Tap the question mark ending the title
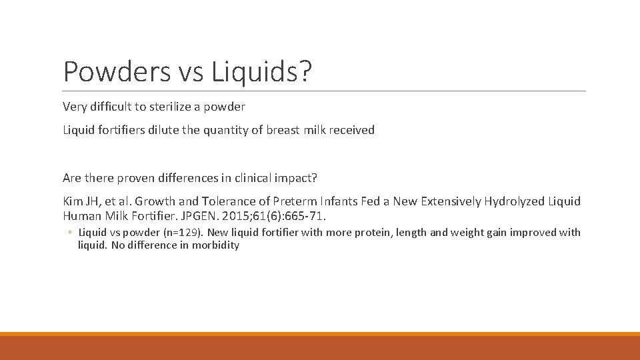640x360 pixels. coord(305,72)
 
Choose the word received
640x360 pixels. coord(351,130)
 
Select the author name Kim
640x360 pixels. coord(71,201)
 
